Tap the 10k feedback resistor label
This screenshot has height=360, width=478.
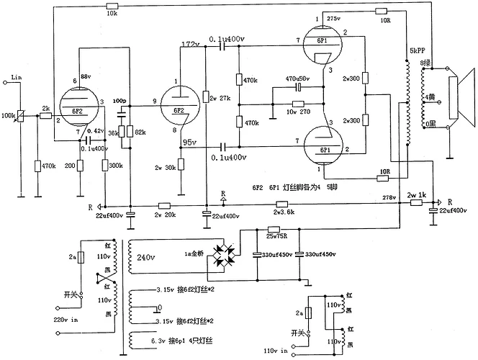pyautogui.click(x=111, y=14)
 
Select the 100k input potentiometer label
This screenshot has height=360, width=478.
pyautogui.click(x=10, y=115)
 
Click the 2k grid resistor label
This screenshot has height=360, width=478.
pyautogui.click(x=45, y=109)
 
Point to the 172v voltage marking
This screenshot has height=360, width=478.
pyautogui.click(x=191, y=44)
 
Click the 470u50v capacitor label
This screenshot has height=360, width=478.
pyautogui.click(x=298, y=78)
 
